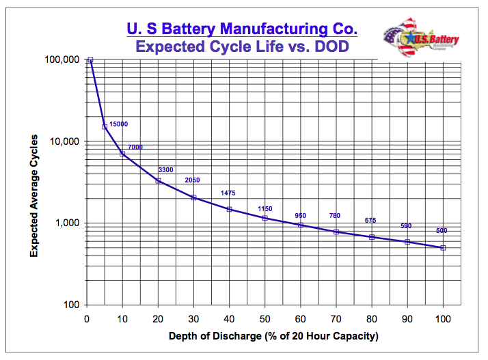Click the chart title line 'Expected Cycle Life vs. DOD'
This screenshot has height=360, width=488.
click(x=242, y=46)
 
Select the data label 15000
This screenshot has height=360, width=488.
click(x=119, y=124)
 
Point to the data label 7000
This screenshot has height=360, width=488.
click(x=135, y=147)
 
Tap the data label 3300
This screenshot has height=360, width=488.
click(x=165, y=169)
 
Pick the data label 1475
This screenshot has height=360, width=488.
click(x=228, y=193)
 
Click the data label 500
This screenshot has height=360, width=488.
click(x=441, y=231)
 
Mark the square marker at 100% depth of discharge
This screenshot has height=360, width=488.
click(x=443, y=248)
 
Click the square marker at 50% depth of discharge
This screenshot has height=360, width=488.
click(x=265, y=218)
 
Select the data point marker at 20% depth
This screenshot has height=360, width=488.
click(x=159, y=181)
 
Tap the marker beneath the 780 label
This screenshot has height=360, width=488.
click(x=336, y=232)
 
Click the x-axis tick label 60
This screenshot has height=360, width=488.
click(x=301, y=319)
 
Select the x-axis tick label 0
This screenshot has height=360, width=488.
click(x=87, y=319)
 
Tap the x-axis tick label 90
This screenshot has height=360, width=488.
click(x=407, y=319)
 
